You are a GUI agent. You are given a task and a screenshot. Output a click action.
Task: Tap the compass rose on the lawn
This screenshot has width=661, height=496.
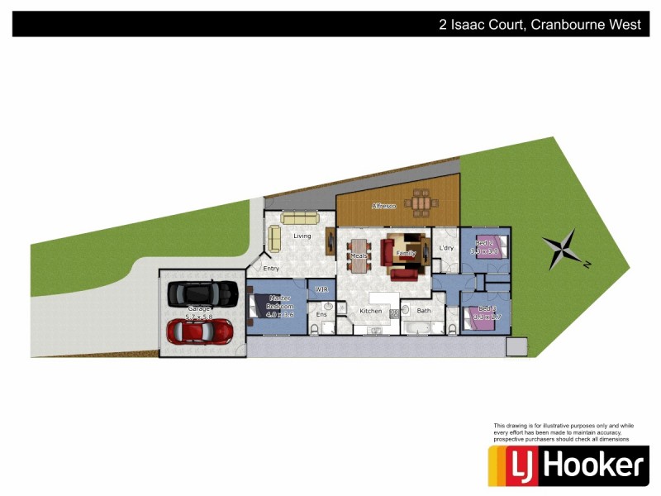(x=564, y=250)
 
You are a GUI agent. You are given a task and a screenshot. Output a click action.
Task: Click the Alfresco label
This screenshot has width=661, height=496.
(x=383, y=205)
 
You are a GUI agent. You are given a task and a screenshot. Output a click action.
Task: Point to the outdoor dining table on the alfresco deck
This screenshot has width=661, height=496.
(x=421, y=203)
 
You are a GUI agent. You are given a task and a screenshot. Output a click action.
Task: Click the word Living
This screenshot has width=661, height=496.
(x=302, y=236)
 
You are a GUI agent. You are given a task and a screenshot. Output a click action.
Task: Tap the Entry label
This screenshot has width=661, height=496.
(x=271, y=268)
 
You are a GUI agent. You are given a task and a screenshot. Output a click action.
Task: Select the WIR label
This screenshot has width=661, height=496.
(x=322, y=289)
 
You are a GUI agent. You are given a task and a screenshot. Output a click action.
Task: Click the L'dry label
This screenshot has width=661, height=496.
(x=447, y=248)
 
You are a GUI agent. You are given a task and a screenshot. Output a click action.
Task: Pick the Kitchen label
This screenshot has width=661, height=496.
(x=371, y=311)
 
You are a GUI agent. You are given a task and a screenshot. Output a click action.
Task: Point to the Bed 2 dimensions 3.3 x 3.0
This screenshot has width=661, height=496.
(x=484, y=250)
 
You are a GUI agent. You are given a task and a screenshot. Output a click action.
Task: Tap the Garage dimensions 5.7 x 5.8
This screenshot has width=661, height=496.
(x=199, y=317)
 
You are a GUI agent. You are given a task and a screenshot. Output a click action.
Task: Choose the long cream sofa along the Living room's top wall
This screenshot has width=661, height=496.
(x=299, y=218)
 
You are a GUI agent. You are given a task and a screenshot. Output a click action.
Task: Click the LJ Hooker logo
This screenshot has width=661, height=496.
(x=566, y=465)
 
